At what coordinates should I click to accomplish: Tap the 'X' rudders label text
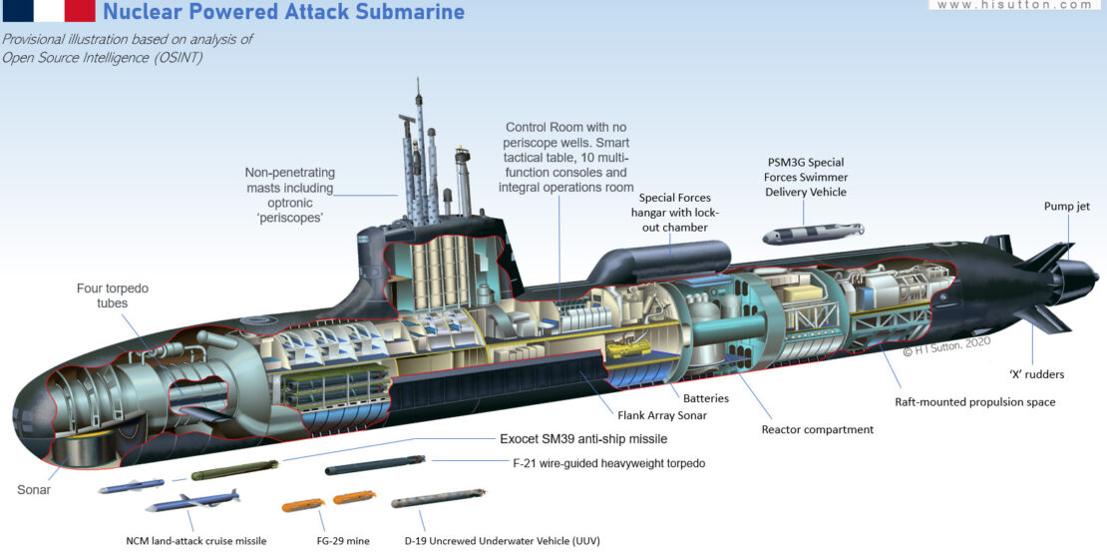(1035, 374)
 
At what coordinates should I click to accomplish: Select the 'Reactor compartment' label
(818, 429)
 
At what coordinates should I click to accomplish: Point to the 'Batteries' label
(705, 398)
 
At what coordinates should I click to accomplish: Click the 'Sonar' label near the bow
(34, 490)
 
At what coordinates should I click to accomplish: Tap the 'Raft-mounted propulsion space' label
(975, 402)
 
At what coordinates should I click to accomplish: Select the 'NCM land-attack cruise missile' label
(196, 540)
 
